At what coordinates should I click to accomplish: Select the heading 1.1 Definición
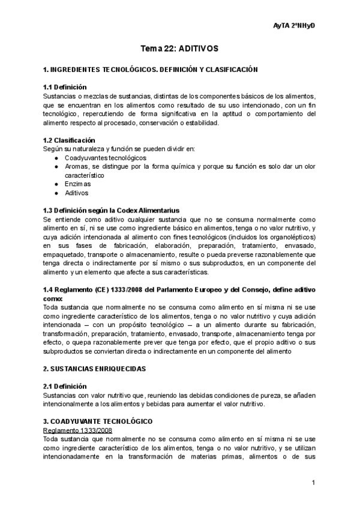[x=65, y=87]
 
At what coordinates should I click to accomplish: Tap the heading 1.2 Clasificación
[x=70, y=140]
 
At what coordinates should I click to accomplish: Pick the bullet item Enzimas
[x=78, y=184]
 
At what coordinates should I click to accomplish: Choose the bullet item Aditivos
[x=77, y=193]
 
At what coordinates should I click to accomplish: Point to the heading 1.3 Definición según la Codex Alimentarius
[x=112, y=211]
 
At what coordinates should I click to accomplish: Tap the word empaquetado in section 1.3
[x=64, y=254]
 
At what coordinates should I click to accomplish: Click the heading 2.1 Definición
[x=65, y=386]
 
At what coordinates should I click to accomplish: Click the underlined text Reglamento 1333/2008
[x=78, y=430]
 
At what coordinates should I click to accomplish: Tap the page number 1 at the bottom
[x=314, y=483]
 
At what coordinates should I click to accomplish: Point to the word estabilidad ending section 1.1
[x=202, y=123]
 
